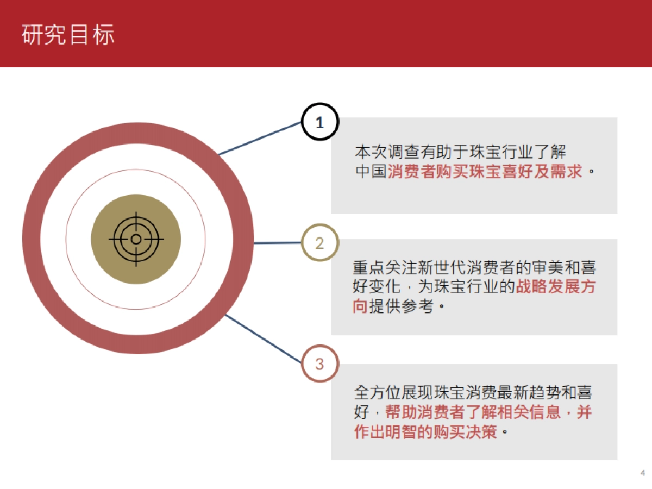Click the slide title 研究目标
pyautogui.click(x=68, y=34)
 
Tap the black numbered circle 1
pyautogui.click(x=319, y=122)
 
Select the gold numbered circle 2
pyautogui.click(x=319, y=243)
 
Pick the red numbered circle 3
pyautogui.click(x=319, y=363)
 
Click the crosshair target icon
pyautogui.click(x=136, y=239)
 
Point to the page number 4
pyautogui.click(x=643, y=472)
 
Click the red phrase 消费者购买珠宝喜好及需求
pyautogui.click(x=485, y=172)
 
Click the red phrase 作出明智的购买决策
pyautogui.click(x=425, y=432)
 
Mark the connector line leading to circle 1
pyautogui.click(x=260, y=138)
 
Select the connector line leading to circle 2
pyautogui.click(x=277, y=243)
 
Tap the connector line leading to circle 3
pyautogui.click(x=263, y=338)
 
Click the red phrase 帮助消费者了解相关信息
pyautogui.click(x=473, y=412)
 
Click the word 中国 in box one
pyautogui.click(x=371, y=172)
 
